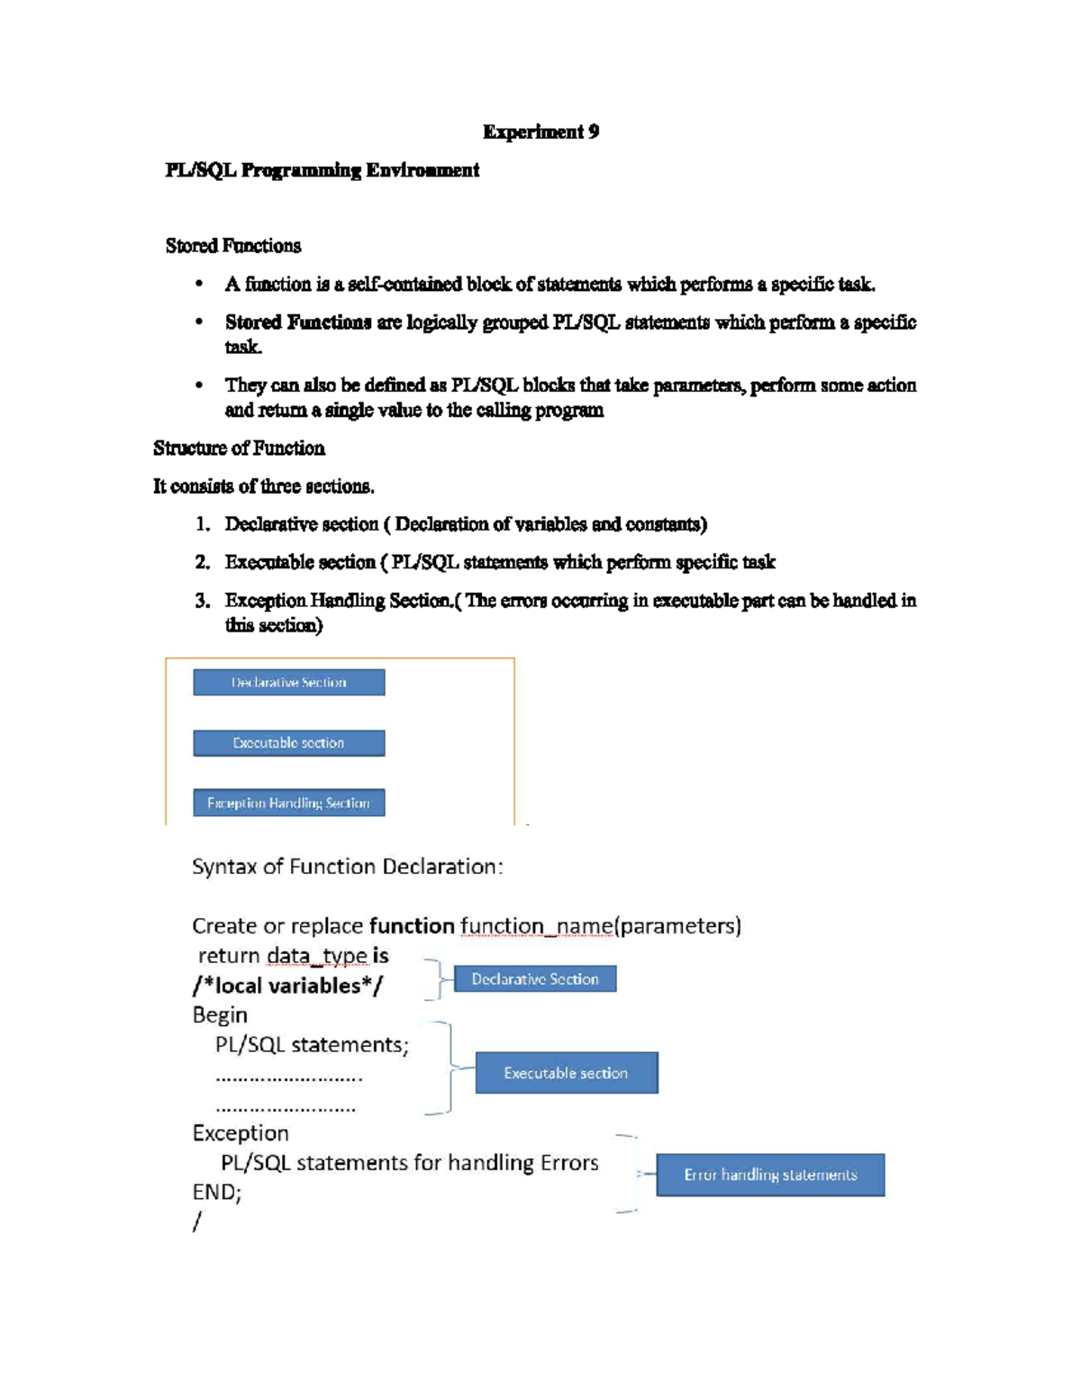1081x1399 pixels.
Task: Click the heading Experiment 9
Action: (x=540, y=132)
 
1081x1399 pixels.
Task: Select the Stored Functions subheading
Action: (x=233, y=246)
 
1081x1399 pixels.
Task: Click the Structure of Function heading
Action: (x=239, y=449)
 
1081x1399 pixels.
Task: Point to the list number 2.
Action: (x=203, y=563)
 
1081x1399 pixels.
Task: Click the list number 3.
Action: (x=203, y=601)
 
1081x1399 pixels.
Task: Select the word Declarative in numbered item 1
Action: (x=269, y=524)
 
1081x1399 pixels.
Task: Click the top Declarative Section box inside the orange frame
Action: (x=289, y=683)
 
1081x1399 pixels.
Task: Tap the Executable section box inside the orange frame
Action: (x=289, y=743)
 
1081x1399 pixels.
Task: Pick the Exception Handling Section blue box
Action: (x=289, y=803)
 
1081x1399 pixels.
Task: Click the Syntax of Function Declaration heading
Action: (x=347, y=867)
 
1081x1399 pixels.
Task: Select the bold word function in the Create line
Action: (x=412, y=926)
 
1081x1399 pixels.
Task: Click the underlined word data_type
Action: (x=317, y=956)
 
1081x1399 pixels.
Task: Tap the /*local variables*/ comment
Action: (x=287, y=986)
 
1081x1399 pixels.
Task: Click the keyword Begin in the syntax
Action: (x=220, y=1015)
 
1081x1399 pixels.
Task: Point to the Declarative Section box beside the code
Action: (x=535, y=979)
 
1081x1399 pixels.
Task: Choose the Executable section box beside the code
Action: (x=567, y=1073)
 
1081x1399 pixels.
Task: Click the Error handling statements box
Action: (x=770, y=1175)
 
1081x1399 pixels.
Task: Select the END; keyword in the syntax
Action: (x=217, y=1193)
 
